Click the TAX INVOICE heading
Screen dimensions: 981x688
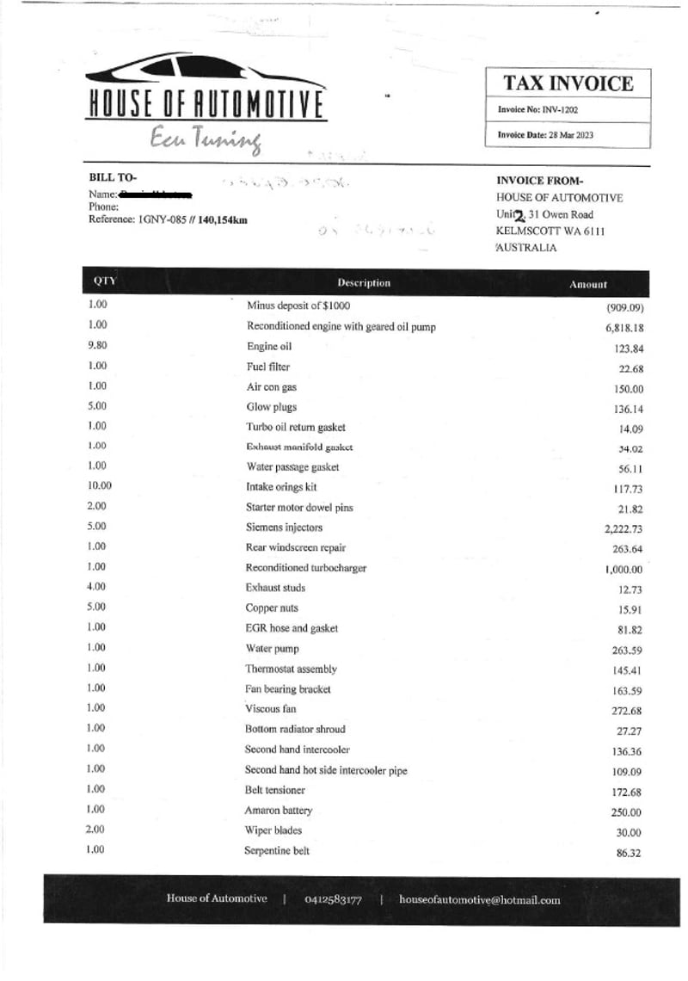(568, 83)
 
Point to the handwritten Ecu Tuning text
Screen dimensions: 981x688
(205, 139)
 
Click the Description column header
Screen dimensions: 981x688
(364, 283)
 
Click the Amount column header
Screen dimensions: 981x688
(588, 284)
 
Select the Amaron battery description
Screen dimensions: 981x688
(279, 811)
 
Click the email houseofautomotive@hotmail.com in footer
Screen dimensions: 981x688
(479, 900)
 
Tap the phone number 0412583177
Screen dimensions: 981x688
(333, 900)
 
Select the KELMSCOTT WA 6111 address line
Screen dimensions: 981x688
(550, 231)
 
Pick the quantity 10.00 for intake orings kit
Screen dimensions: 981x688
(100, 485)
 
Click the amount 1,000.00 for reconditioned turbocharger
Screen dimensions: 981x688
(623, 570)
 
